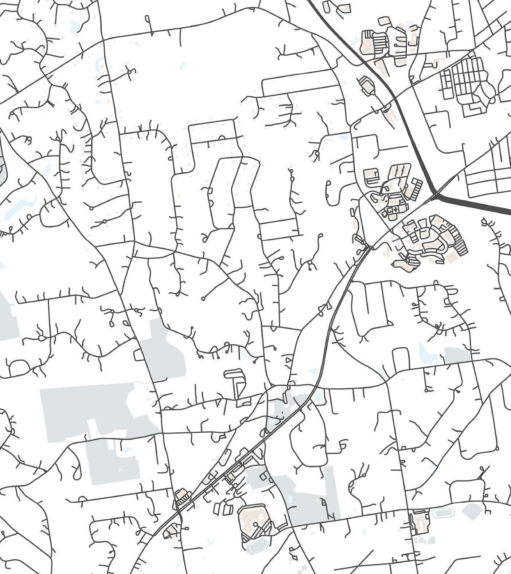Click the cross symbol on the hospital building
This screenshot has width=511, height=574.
[x=395, y=210]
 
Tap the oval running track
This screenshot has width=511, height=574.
[x=444, y=514]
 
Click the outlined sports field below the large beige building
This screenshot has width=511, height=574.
[x=257, y=546]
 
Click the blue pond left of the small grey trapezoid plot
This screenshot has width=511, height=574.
[x=424, y=353]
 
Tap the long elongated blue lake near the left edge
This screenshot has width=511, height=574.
[x=16, y=209]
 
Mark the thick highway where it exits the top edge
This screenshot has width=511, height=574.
[x=310, y=2]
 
